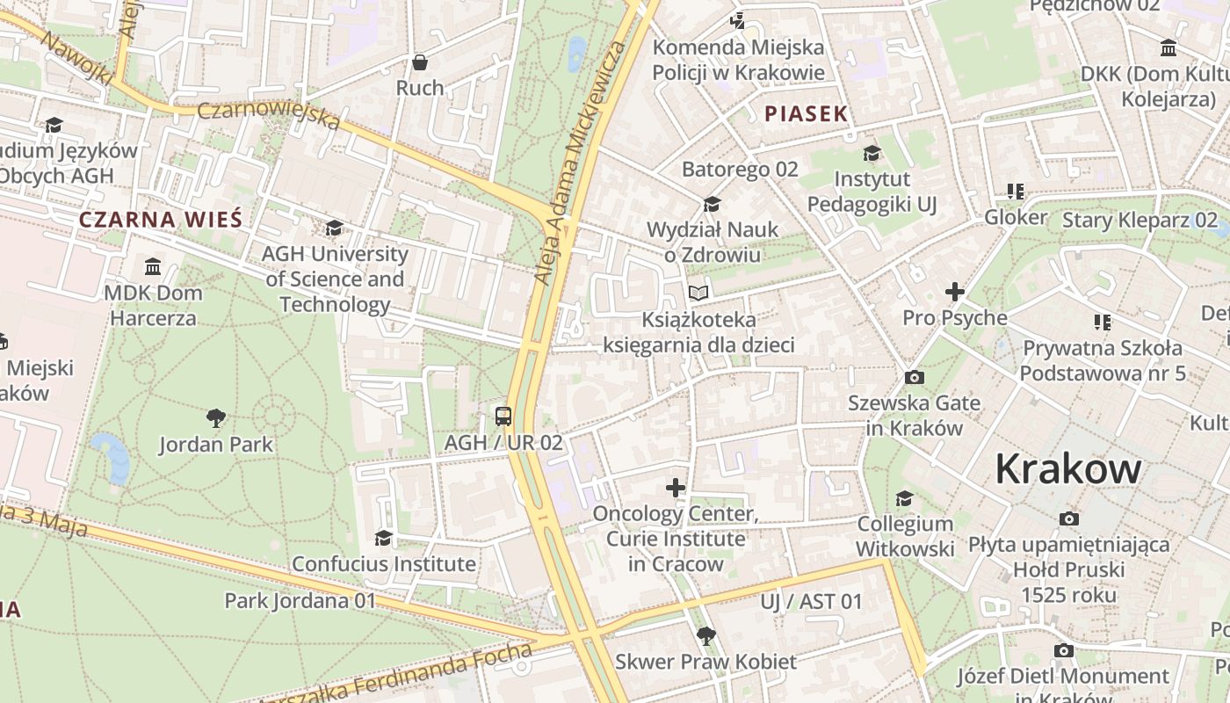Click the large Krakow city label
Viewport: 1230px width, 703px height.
tap(1067, 469)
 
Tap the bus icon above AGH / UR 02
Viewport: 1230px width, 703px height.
tap(503, 416)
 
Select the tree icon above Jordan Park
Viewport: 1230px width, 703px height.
tap(215, 417)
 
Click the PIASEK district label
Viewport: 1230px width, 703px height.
tap(806, 113)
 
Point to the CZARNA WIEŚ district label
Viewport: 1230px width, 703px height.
tap(160, 220)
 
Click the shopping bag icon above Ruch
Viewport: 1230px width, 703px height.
tap(420, 62)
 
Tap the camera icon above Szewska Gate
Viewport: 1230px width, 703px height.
tap(914, 377)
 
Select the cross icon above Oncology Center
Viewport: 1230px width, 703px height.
tap(675, 487)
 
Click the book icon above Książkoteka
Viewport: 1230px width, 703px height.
tap(698, 293)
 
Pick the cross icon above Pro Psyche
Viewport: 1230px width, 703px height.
tap(954, 291)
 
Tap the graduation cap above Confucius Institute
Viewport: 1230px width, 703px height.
tap(383, 537)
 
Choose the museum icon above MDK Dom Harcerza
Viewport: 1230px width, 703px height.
tap(153, 266)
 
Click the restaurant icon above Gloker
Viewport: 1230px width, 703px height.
tap(1016, 191)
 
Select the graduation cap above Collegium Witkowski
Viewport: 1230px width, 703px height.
tap(904, 499)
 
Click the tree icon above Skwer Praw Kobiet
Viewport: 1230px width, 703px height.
tap(705, 635)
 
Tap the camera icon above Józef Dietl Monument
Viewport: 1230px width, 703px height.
tap(1063, 650)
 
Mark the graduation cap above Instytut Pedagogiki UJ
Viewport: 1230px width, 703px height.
tap(872, 153)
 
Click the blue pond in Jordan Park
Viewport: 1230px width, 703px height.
tap(112, 457)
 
